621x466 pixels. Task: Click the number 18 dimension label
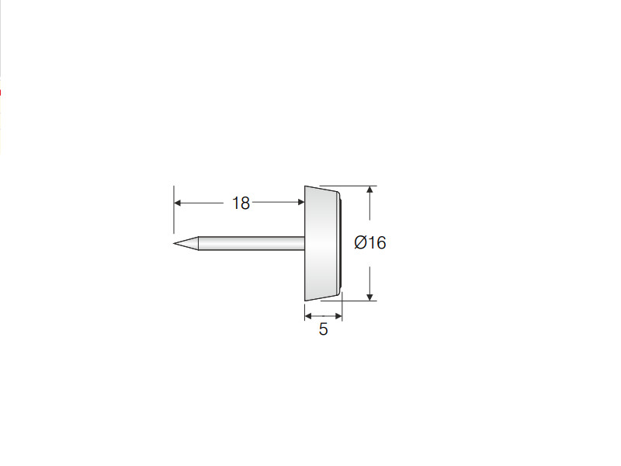tap(241, 203)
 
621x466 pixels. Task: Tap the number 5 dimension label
tap(323, 329)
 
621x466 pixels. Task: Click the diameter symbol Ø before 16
tap(361, 242)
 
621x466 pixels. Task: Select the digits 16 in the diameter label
tap(377, 242)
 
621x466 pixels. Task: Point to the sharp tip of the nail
tap(174, 243)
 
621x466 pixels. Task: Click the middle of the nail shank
tap(252, 243)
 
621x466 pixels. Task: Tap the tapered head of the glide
tap(321, 243)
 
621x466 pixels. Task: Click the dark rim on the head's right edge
tap(340, 243)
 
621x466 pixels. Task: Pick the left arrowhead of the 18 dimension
tap(178, 203)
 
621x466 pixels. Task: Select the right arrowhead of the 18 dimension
tap(301, 203)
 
